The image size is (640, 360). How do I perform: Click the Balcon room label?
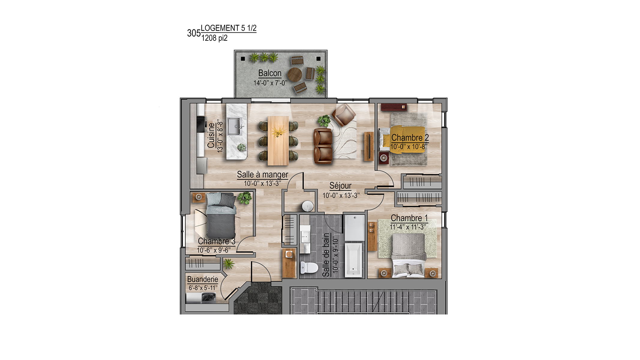pyautogui.click(x=270, y=73)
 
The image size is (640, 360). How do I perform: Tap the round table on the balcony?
pyautogui.click(x=295, y=74)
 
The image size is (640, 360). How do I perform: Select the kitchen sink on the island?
pyautogui.click(x=235, y=126)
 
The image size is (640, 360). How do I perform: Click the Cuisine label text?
pyautogui.click(x=211, y=135)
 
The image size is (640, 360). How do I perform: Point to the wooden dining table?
pyautogui.click(x=278, y=140)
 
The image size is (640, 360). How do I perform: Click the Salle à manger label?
pyautogui.click(x=263, y=175)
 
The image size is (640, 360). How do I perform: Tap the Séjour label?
pyautogui.click(x=340, y=186)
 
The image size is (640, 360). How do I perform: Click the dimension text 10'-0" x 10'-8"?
pyautogui.click(x=409, y=147)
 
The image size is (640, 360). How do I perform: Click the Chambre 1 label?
pyautogui.click(x=409, y=218)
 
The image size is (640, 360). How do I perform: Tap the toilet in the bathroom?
pyautogui.click(x=309, y=267)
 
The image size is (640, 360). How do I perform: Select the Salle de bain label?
pyautogui.click(x=326, y=255)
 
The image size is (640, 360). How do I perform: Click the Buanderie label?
pyautogui.click(x=203, y=279)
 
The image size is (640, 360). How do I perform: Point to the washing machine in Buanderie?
pyautogui.click(x=209, y=298)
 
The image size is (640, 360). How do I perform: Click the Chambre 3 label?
pyautogui.click(x=216, y=241)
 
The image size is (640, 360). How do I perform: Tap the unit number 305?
pyautogui.click(x=194, y=33)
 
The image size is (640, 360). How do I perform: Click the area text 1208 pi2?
pyautogui.click(x=214, y=38)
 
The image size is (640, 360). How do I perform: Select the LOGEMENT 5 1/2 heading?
pyautogui.click(x=229, y=28)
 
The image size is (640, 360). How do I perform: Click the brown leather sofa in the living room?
pyautogui.click(x=323, y=146)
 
